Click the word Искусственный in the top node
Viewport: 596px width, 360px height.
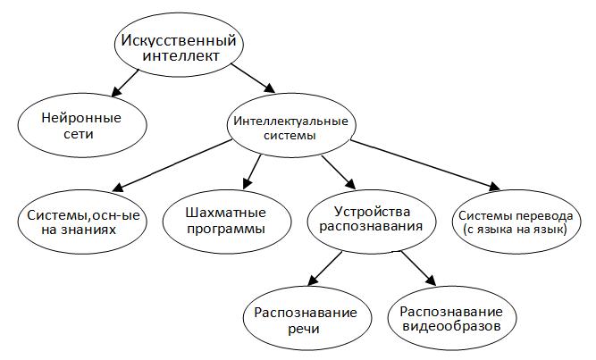(179, 41)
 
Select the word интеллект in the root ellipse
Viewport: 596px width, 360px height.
(180, 56)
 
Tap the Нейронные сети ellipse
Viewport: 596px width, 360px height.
(82, 125)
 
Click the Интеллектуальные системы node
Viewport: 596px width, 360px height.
(291, 125)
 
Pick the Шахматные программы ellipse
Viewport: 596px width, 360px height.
(227, 222)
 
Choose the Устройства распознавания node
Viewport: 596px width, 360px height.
(372, 222)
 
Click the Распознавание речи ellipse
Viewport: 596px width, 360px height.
(307, 318)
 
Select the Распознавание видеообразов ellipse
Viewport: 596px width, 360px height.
(452, 318)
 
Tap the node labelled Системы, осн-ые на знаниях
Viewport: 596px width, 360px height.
(82, 222)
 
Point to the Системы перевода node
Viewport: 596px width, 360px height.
(516, 222)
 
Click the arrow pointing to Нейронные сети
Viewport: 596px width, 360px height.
(125, 83)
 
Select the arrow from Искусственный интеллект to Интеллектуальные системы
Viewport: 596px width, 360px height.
(253, 79)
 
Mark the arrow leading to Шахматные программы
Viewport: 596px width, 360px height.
(252, 172)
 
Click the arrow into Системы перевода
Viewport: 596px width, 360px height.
(425, 165)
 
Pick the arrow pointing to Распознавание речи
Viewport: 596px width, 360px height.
(324, 268)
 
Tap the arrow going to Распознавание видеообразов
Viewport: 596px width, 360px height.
(418, 268)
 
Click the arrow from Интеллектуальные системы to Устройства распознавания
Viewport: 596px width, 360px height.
(339, 172)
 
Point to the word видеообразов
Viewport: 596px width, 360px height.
(452, 326)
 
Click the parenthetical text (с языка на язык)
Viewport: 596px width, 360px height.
(516, 230)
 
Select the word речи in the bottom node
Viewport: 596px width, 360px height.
(304, 329)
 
